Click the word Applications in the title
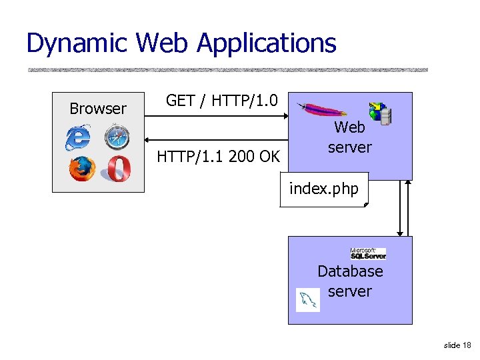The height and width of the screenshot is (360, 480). coord(267,44)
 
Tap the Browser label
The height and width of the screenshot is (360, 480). coord(98,109)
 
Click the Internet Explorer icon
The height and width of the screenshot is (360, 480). coord(78,138)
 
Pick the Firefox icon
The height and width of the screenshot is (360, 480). coord(81,169)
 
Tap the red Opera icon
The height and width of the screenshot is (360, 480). coord(116,169)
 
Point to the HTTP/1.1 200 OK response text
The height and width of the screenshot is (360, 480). coord(218,157)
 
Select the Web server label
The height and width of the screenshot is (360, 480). coord(349,137)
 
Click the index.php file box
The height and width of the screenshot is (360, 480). coord(324,190)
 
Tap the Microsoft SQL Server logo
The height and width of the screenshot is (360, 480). coord(368,253)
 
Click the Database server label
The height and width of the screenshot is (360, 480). coord(350,281)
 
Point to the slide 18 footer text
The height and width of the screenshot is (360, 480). coord(457,345)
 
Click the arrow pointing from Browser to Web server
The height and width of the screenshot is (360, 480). coord(217,118)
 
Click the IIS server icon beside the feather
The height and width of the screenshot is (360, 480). coord(380,114)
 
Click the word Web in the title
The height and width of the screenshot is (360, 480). coord(163,44)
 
